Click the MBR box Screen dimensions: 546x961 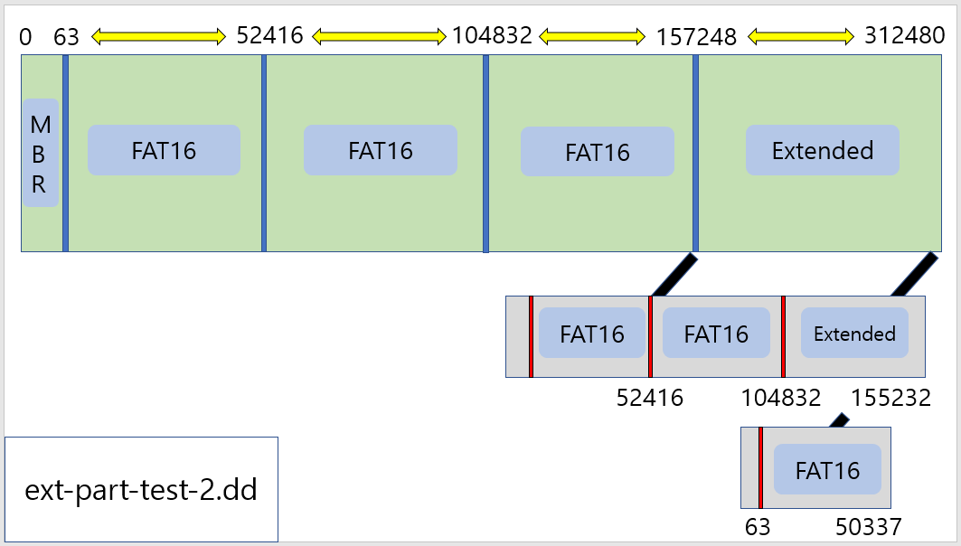coord(41,153)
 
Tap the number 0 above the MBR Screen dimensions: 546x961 coord(25,37)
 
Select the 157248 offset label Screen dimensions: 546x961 coord(697,37)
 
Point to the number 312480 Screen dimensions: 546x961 coord(904,35)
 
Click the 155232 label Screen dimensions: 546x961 coord(890,398)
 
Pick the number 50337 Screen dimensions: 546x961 coord(868,526)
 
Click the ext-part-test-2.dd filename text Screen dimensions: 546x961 coord(141,491)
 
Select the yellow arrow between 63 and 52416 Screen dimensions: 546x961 coord(157,36)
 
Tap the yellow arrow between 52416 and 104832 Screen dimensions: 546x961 coord(380,36)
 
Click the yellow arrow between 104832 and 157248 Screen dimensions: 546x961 coord(592,36)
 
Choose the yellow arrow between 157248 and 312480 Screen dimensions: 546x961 coord(801,36)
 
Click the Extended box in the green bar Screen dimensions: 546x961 coord(822,150)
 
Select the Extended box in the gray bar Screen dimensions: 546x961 coord(854,334)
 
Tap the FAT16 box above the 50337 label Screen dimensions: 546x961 coord(827,470)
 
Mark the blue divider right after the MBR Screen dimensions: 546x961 coord(65,153)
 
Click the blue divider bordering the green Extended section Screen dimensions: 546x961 coord(695,153)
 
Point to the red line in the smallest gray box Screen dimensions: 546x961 coord(760,467)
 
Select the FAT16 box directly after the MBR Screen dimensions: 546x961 coord(164,150)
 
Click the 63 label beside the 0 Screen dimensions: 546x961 coord(66,37)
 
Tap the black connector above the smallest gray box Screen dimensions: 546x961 coord(839,420)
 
